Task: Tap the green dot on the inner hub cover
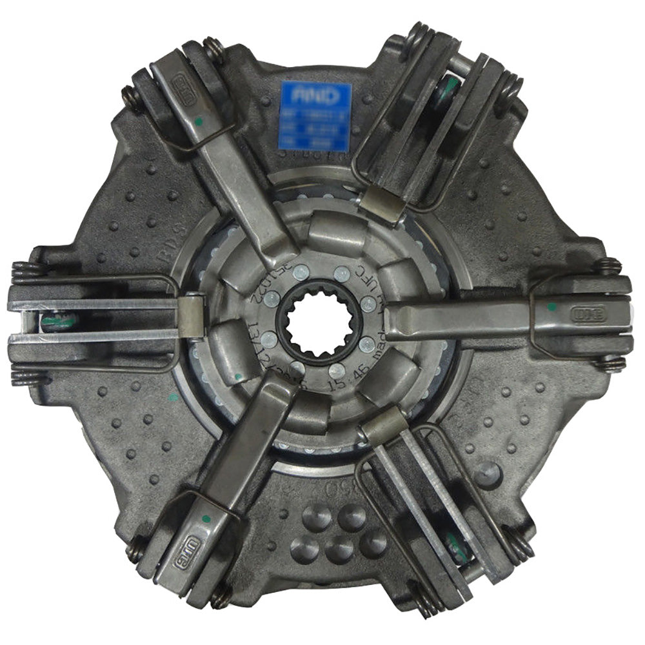[x=239, y=376]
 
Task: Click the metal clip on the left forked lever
[x=192, y=315]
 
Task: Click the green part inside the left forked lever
[x=58, y=321]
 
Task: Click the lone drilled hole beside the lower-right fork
[x=488, y=475]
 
